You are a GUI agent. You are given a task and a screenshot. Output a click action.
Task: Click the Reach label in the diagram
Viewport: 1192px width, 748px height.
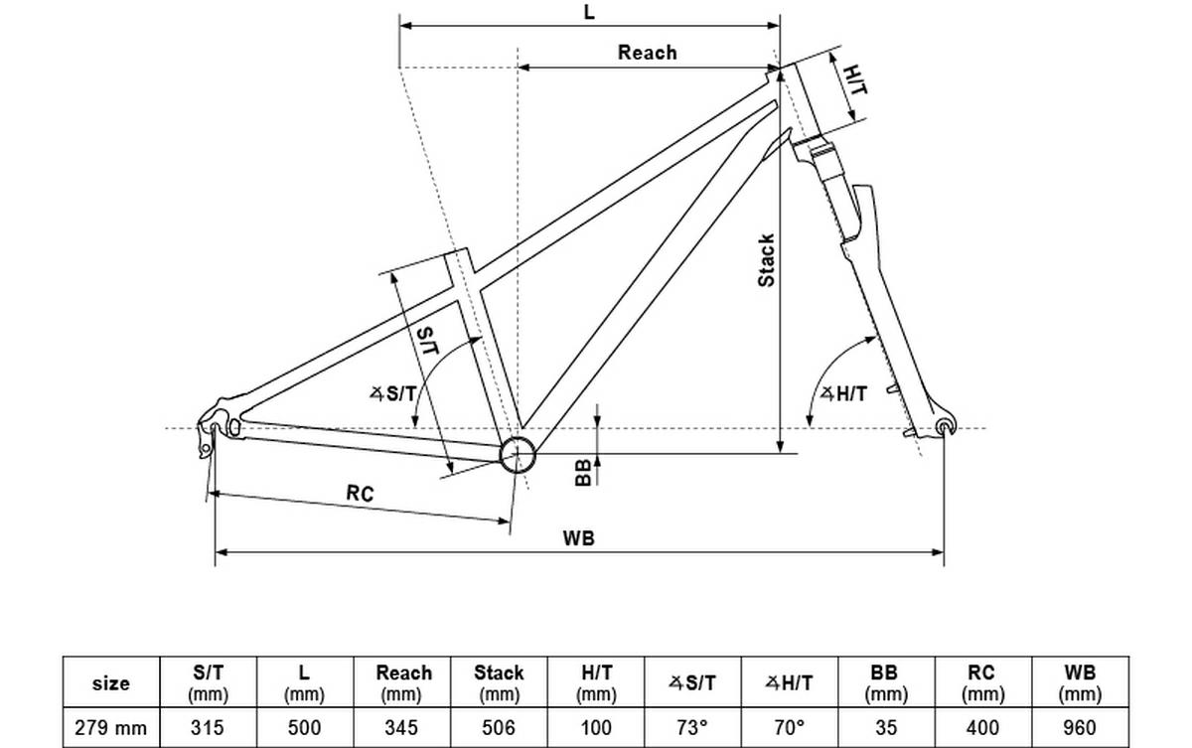click(647, 53)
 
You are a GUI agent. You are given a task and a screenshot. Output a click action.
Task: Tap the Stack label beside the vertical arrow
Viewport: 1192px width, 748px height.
click(767, 260)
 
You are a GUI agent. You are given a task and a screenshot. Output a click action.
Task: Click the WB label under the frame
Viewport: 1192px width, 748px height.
click(578, 538)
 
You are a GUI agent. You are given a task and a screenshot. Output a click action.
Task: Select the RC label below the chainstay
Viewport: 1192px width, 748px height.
click(360, 493)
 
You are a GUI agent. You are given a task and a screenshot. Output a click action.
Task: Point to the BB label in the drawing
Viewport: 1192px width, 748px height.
click(584, 472)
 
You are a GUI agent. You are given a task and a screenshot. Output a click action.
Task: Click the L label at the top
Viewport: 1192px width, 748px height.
click(590, 12)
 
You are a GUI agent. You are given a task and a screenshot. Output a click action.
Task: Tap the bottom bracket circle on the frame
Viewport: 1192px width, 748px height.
click(518, 455)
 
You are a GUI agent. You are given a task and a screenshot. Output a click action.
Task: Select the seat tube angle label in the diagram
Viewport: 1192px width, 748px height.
click(394, 394)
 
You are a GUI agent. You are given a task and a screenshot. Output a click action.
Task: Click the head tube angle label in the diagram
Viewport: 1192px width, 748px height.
click(843, 393)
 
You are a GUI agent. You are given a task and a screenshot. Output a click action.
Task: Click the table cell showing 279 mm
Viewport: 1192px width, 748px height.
click(110, 728)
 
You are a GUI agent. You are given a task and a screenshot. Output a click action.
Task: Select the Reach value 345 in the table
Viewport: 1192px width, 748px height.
click(402, 728)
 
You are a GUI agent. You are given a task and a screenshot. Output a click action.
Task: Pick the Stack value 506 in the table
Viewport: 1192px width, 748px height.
click(499, 728)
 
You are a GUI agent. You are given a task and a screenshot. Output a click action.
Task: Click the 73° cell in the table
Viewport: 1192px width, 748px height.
click(692, 728)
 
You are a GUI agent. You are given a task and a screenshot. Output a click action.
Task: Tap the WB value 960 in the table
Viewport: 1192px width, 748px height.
click(1079, 728)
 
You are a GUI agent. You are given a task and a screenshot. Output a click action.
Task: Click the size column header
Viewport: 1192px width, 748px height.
click(110, 683)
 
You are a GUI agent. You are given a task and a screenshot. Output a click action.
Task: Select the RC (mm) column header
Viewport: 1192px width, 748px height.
click(981, 683)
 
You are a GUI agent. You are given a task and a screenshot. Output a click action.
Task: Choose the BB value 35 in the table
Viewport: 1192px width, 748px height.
click(886, 728)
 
